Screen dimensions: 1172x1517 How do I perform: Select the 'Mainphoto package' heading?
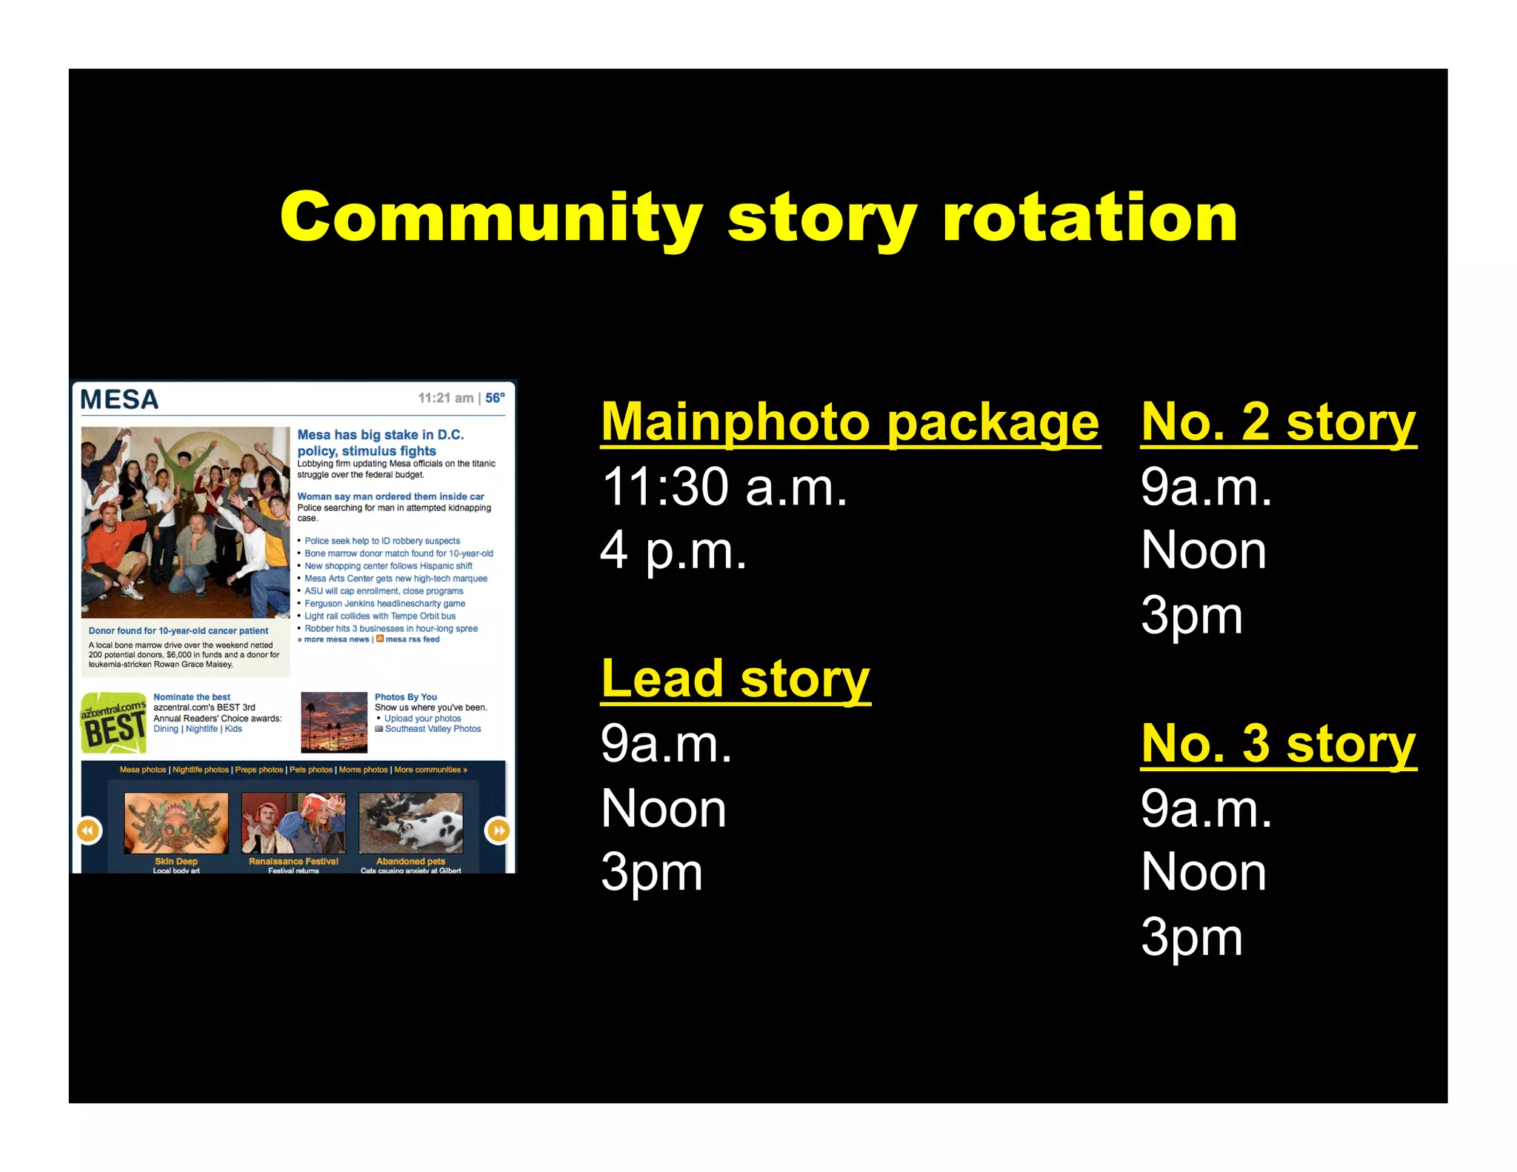(x=850, y=422)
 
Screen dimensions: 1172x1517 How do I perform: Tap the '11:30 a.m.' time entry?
(x=724, y=487)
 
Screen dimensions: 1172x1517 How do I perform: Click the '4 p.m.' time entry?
(x=673, y=551)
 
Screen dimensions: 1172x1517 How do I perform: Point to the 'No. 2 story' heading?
(x=1278, y=422)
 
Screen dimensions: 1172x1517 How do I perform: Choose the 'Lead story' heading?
(x=735, y=679)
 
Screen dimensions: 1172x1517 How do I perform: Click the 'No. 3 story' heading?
(x=1278, y=743)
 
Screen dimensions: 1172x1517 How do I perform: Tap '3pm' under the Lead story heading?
(x=651, y=873)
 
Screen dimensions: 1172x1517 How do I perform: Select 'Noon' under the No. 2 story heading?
(x=1203, y=551)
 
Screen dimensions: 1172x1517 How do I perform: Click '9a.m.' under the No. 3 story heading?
(x=1206, y=808)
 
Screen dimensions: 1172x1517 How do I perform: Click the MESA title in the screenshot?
(x=119, y=400)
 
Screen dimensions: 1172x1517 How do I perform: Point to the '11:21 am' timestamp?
(x=445, y=398)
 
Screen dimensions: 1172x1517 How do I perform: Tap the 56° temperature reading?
(x=495, y=398)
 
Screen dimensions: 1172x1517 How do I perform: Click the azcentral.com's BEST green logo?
(x=113, y=722)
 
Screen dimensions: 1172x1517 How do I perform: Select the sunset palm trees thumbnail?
(x=334, y=722)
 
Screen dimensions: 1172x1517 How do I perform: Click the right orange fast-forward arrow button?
(x=498, y=830)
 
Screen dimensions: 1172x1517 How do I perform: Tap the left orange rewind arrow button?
(x=89, y=830)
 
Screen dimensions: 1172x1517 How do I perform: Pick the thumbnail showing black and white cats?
(x=410, y=822)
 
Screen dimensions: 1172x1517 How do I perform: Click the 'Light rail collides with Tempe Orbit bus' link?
(x=380, y=616)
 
